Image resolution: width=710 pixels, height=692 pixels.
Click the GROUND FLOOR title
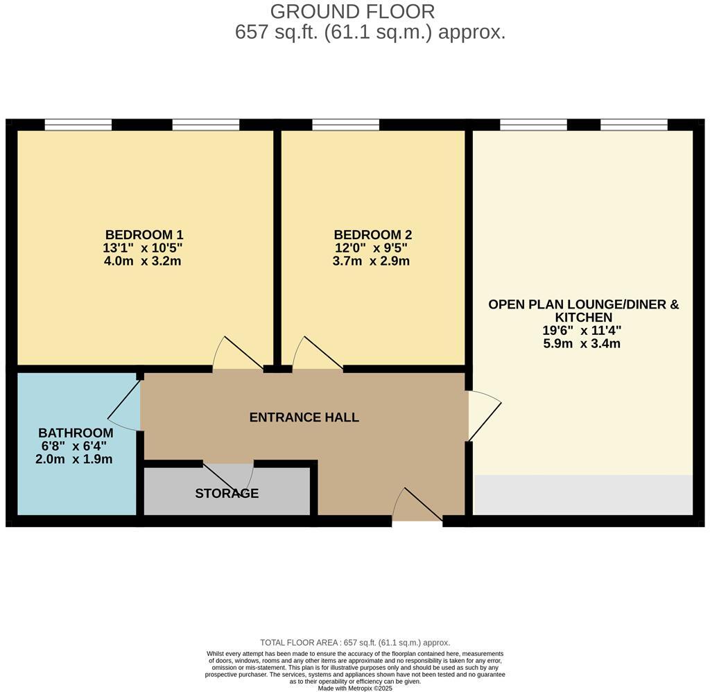point(352,12)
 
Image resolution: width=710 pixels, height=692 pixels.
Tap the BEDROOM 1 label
point(144,235)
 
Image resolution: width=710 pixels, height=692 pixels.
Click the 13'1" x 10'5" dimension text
point(144,248)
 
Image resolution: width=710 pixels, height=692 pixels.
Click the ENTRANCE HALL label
point(304,417)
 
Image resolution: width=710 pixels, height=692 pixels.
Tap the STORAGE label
point(227,494)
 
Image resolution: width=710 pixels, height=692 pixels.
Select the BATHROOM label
point(76,433)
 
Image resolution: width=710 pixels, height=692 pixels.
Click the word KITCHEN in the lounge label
point(583,318)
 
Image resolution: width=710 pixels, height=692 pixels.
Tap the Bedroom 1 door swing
point(236,354)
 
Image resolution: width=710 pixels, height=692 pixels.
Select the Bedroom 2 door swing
point(315,354)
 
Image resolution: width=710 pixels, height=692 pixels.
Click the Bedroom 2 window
point(345,125)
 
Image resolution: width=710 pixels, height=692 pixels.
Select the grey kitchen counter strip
point(582,495)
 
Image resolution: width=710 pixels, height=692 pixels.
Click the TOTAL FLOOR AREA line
point(354,643)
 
